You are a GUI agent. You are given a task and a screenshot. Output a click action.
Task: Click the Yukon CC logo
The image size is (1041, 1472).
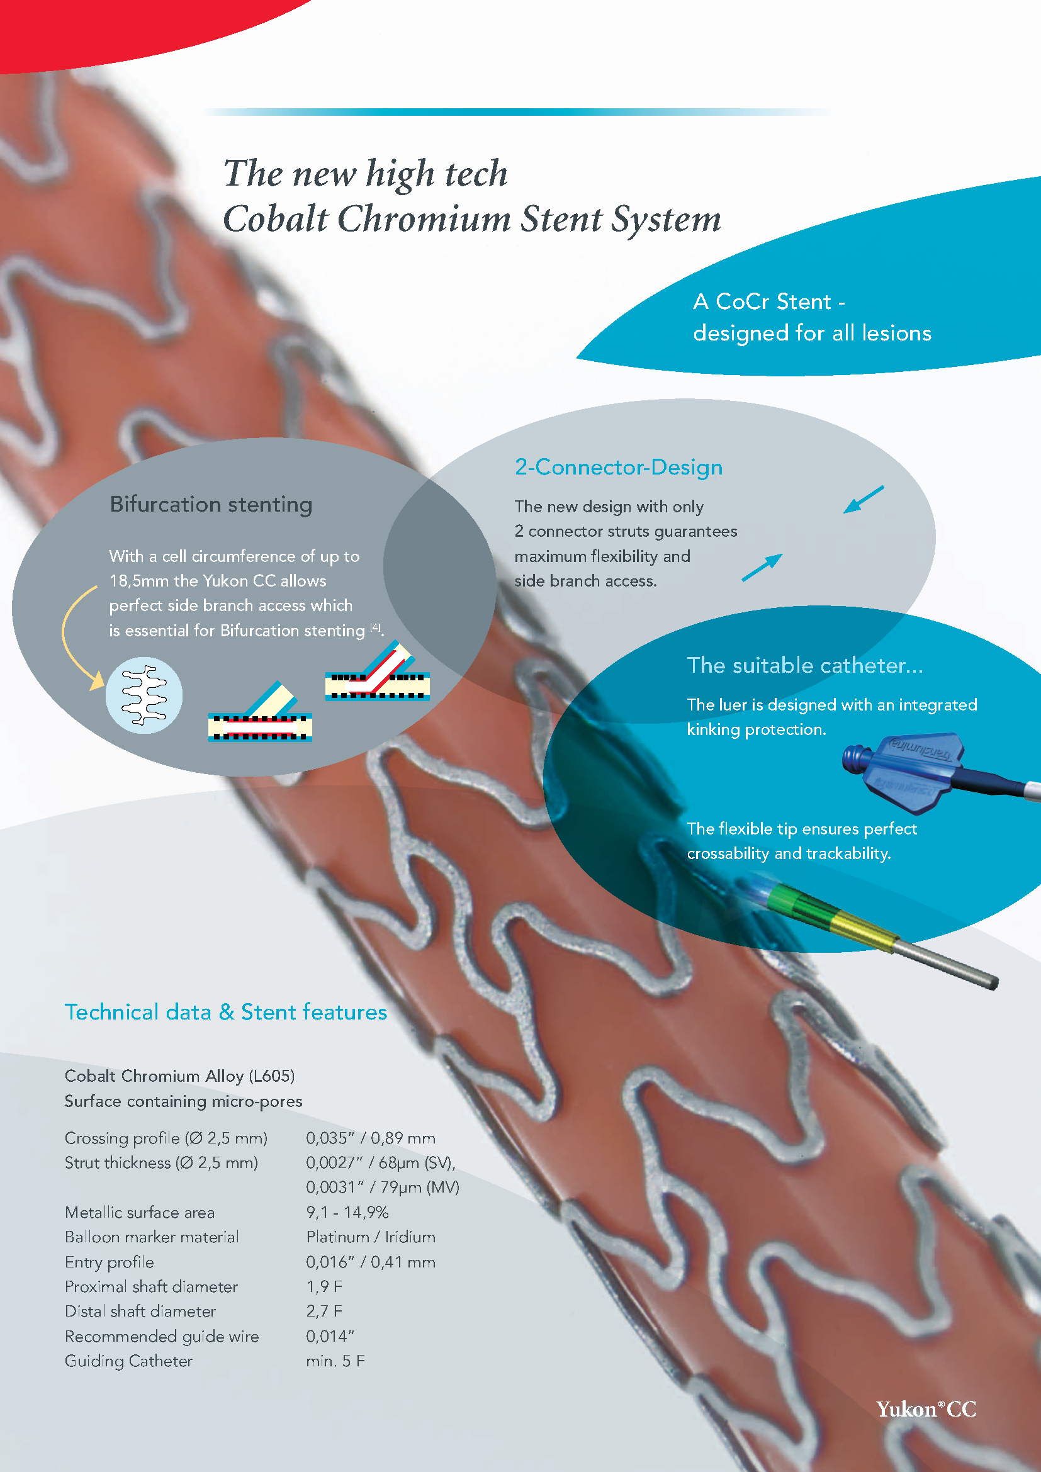pos(926,1408)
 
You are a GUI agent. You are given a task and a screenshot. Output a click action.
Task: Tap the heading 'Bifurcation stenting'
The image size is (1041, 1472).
pos(211,505)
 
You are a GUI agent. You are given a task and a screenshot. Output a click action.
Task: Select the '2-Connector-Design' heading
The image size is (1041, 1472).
pos(619,468)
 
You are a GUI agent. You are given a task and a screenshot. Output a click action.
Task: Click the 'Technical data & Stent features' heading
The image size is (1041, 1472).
pos(226,1012)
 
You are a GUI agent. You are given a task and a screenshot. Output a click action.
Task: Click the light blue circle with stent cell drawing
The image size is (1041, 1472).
pos(144,695)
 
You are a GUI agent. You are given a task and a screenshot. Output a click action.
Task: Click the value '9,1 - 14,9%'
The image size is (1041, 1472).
pos(347,1212)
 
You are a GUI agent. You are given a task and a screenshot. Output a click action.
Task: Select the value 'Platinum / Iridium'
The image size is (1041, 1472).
pos(371,1237)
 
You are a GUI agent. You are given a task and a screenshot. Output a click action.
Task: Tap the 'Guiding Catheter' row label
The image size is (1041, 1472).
pos(129,1361)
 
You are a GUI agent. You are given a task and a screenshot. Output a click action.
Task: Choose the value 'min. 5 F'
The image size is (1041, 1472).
pos(335,1361)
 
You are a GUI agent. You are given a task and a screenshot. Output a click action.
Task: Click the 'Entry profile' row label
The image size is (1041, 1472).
pos(109,1262)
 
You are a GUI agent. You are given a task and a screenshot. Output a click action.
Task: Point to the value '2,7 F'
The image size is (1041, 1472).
pos(324,1311)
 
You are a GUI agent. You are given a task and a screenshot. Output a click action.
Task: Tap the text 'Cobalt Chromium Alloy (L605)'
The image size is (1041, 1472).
pos(179,1076)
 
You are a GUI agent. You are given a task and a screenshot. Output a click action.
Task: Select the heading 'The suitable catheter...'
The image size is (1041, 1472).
pos(804,665)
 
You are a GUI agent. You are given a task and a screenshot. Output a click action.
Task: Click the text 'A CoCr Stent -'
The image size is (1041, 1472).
pos(768,301)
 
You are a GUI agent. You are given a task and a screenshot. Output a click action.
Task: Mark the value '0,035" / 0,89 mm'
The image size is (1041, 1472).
pos(371,1138)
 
